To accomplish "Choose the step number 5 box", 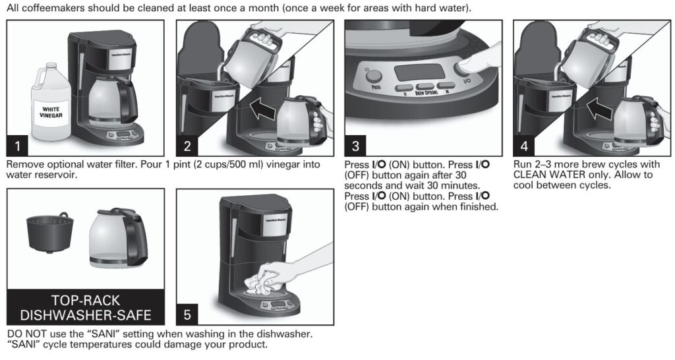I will click(x=187, y=315).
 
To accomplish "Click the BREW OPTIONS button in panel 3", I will click(x=427, y=86).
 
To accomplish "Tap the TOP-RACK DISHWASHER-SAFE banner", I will click(x=86, y=307).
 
